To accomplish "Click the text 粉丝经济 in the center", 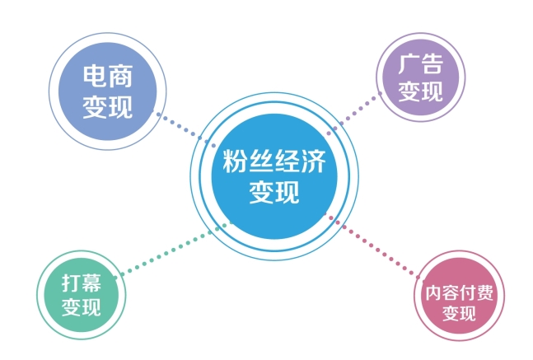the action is (x=274, y=161).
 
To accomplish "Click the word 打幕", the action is (x=82, y=283).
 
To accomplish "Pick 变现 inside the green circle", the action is (x=82, y=309).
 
